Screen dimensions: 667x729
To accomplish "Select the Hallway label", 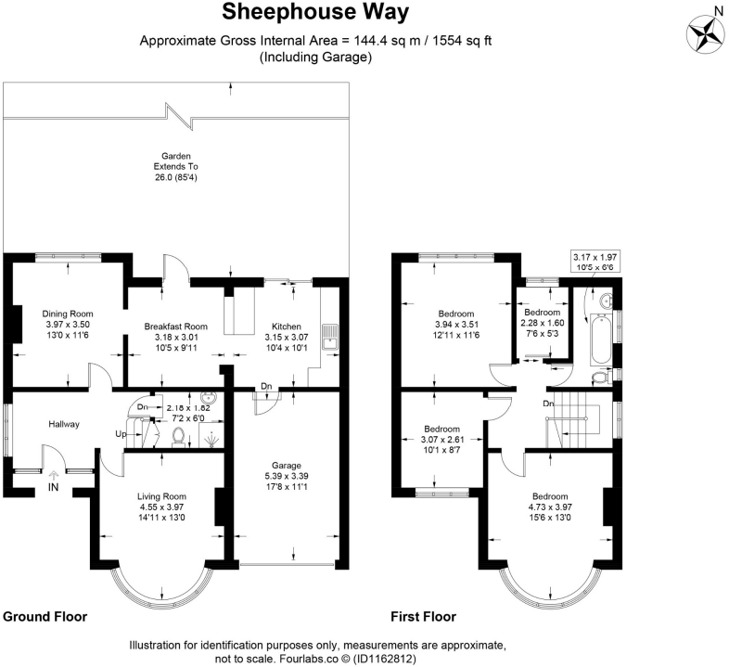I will click(64, 424).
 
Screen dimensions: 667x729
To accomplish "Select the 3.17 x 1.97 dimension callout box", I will click(595, 262).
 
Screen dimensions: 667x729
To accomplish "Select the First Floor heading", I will click(423, 616).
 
